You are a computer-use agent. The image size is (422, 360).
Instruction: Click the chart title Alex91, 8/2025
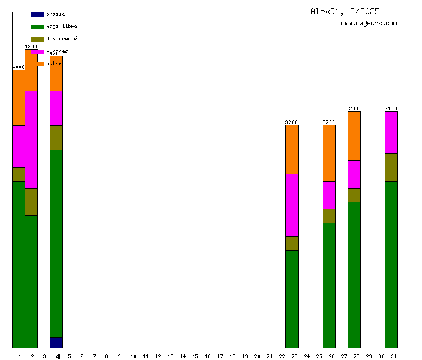pyautogui.click(x=344, y=11)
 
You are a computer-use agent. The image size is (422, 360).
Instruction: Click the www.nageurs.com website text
pyautogui.click(x=369, y=24)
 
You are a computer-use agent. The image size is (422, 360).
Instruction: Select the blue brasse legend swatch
pyautogui.click(x=37, y=14)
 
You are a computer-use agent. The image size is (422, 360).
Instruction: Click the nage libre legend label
pyautogui.click(x=61, y=27)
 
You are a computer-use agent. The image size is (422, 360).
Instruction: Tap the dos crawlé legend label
pyautogui.click(x=61, y=39)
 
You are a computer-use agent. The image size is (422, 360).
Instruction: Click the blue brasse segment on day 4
pyautogui.click(x=56, y=342)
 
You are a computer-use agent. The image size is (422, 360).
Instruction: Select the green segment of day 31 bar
pyautogui.click(x=391, y=264)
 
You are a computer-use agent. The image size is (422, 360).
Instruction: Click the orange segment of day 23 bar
pyautogui.click(x=292, y=150)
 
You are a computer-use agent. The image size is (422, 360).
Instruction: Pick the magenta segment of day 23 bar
pyautogui.click(x=292, y=205)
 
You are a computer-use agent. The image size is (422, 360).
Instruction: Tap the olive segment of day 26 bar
pyautogui.click(x=329, y=215)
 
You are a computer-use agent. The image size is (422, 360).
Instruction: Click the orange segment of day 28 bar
pyautogui.click(x=354, y=135)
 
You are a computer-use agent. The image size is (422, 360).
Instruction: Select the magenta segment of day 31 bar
pyautogui.click(x=391, y=132)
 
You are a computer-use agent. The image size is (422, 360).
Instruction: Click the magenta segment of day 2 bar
pyautogui.click(x=31, y=139)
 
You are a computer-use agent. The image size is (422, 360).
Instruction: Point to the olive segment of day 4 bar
pyautogui.click(x=56, y=137)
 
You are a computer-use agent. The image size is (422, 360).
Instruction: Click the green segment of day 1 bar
pyautogui.click(x=19, y=264)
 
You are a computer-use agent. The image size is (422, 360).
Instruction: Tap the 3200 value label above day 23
pyautogui.click(x=292, y=122)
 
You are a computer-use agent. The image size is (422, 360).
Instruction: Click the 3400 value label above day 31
pyautogui.click(x=391, y=109)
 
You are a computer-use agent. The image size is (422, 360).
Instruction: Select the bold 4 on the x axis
pyautogui.click(x=58, y=356)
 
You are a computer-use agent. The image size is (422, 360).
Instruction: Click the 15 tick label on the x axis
pyautogui.click(x=195, y=356)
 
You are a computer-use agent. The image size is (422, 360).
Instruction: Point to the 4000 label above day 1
pyautogui.click(x=19, y=67)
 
